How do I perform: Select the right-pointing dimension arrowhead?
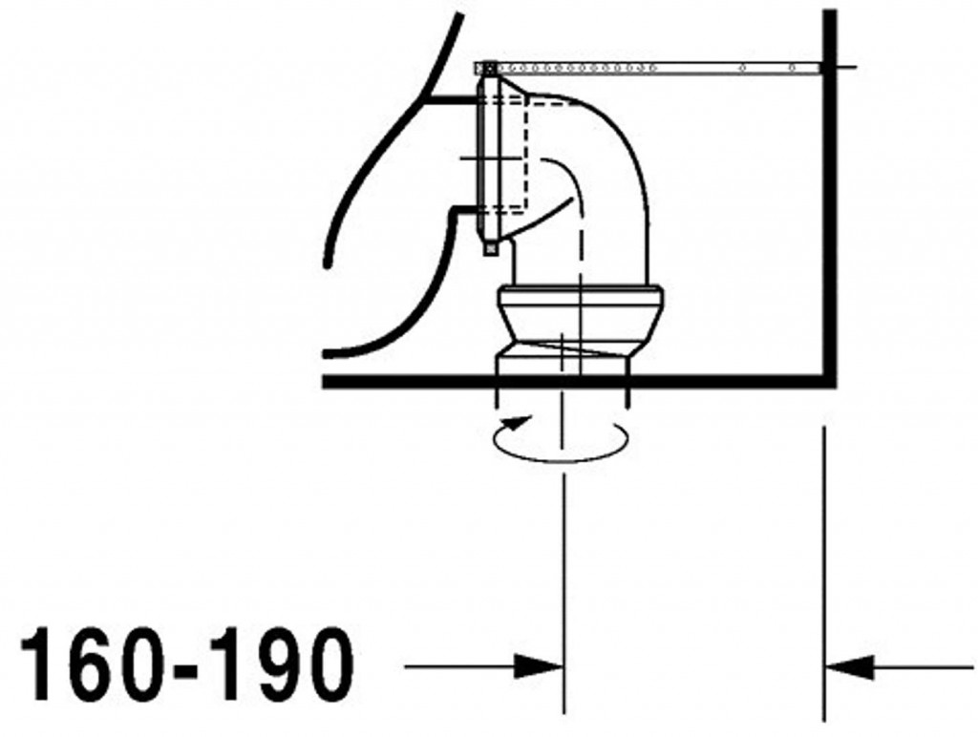pyautogui.click(x=538, y=666)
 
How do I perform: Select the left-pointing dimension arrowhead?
pyautogui.click(x=849, y=667)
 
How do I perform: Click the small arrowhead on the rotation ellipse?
pyautogui.click(x=519, y=422)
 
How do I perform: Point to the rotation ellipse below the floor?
pyautogui.click(x=560, y=461)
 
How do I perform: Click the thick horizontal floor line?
pyautogui.click(x=579, y=382)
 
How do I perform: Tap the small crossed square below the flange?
pyautogui.click(x=491, y=248)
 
